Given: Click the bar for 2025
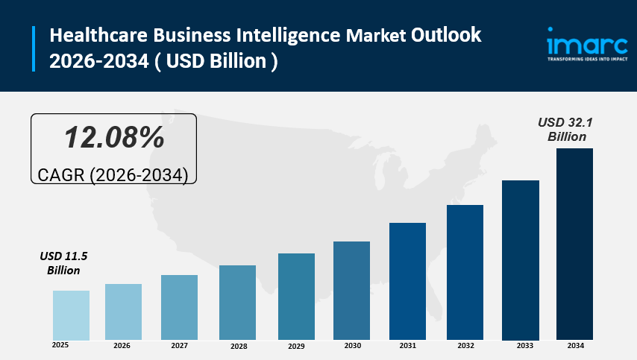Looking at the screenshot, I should click(x=71, y=315).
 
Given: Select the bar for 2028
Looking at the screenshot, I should click(x=238, y=303).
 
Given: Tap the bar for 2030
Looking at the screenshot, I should click(x=351, y=291).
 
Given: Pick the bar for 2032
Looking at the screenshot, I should click(x=465, y=272).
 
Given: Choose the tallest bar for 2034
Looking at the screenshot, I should click(x=574, y=244).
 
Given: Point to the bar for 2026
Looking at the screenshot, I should click(x=123, y=312).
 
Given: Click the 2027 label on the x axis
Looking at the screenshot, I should click(x=179, y=346).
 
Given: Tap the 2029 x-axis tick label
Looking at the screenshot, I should click(x=296, y=347).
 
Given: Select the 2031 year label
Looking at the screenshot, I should click(x=407, y=346).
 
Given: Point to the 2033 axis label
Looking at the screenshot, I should click(x=524, y=347).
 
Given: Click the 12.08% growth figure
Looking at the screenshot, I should click(x=113, y=137).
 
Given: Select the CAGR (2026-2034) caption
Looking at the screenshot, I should click(x=113, y=174).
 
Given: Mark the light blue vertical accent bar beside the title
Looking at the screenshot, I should click(x=34, y=48).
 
